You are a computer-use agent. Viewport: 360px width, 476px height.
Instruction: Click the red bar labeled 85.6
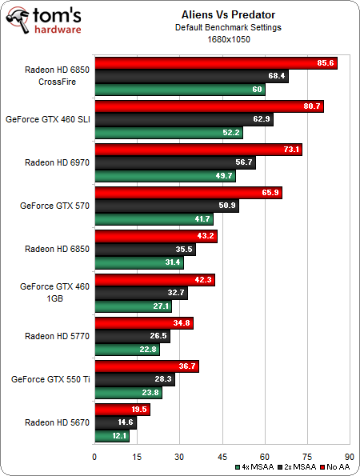(x=216, y=63)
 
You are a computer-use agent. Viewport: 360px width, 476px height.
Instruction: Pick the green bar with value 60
(x=180, y=90)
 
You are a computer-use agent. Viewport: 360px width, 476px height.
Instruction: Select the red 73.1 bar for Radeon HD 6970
(x=198, y=150)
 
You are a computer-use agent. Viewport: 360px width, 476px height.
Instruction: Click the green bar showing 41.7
(x=154, y=218)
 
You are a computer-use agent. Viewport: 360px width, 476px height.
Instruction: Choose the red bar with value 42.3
(x=154, y=279)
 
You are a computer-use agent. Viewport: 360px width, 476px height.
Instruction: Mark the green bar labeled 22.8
(x=127, y=349)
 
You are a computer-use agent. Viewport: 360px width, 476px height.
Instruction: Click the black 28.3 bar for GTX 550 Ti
(x=134, y=379)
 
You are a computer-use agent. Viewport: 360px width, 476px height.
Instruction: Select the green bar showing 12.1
(x=112, y=435)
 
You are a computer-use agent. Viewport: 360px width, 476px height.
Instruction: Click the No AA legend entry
(x=335, y=466)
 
